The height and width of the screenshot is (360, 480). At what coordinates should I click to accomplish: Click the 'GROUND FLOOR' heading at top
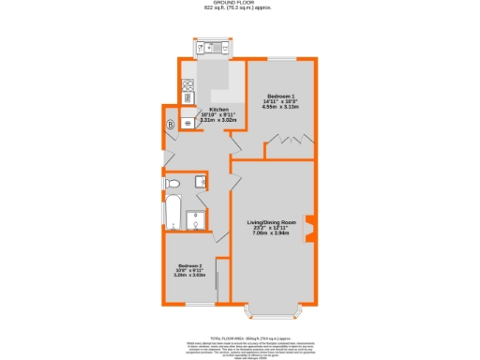[241, 4]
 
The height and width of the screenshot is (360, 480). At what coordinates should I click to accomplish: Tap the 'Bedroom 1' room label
[280, 97]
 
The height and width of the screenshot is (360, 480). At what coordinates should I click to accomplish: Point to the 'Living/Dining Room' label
[271, 222]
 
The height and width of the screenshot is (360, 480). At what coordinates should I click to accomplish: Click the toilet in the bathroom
[172, 183]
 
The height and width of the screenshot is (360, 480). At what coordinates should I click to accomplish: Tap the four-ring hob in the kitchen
[187, 94]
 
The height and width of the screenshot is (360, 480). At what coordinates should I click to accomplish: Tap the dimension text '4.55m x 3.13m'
[280, 107]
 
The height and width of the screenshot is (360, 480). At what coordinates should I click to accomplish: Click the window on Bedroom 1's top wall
[280, 59]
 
